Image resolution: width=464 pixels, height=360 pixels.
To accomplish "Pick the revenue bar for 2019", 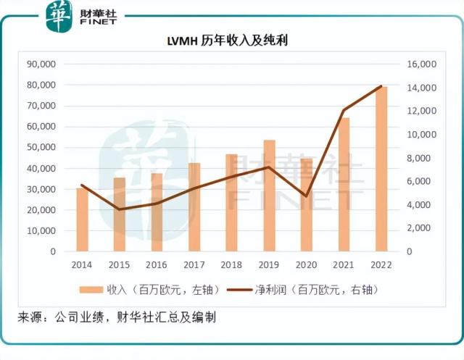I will point(269,196).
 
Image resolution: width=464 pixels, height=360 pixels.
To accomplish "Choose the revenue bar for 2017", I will point(194,207).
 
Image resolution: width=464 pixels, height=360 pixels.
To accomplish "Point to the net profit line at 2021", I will point(344,110).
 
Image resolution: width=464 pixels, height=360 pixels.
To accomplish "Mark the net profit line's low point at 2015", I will point(120,209).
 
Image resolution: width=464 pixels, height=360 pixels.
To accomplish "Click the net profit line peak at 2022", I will point(381,86).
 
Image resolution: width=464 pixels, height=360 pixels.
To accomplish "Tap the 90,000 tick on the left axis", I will point(41,64).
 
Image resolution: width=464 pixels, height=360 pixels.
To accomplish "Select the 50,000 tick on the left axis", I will point(41,148).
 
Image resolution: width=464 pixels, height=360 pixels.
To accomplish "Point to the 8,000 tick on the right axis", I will point(423,158).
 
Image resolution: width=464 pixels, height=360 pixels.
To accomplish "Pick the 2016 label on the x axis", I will point(157,265).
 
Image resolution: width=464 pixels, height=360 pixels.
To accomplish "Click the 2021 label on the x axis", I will point(344,265).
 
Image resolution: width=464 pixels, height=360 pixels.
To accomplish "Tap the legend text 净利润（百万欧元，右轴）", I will point(317,290).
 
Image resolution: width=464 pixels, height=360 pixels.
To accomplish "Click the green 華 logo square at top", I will point(58,16).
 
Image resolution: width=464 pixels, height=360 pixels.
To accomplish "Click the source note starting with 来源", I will point(117,317).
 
